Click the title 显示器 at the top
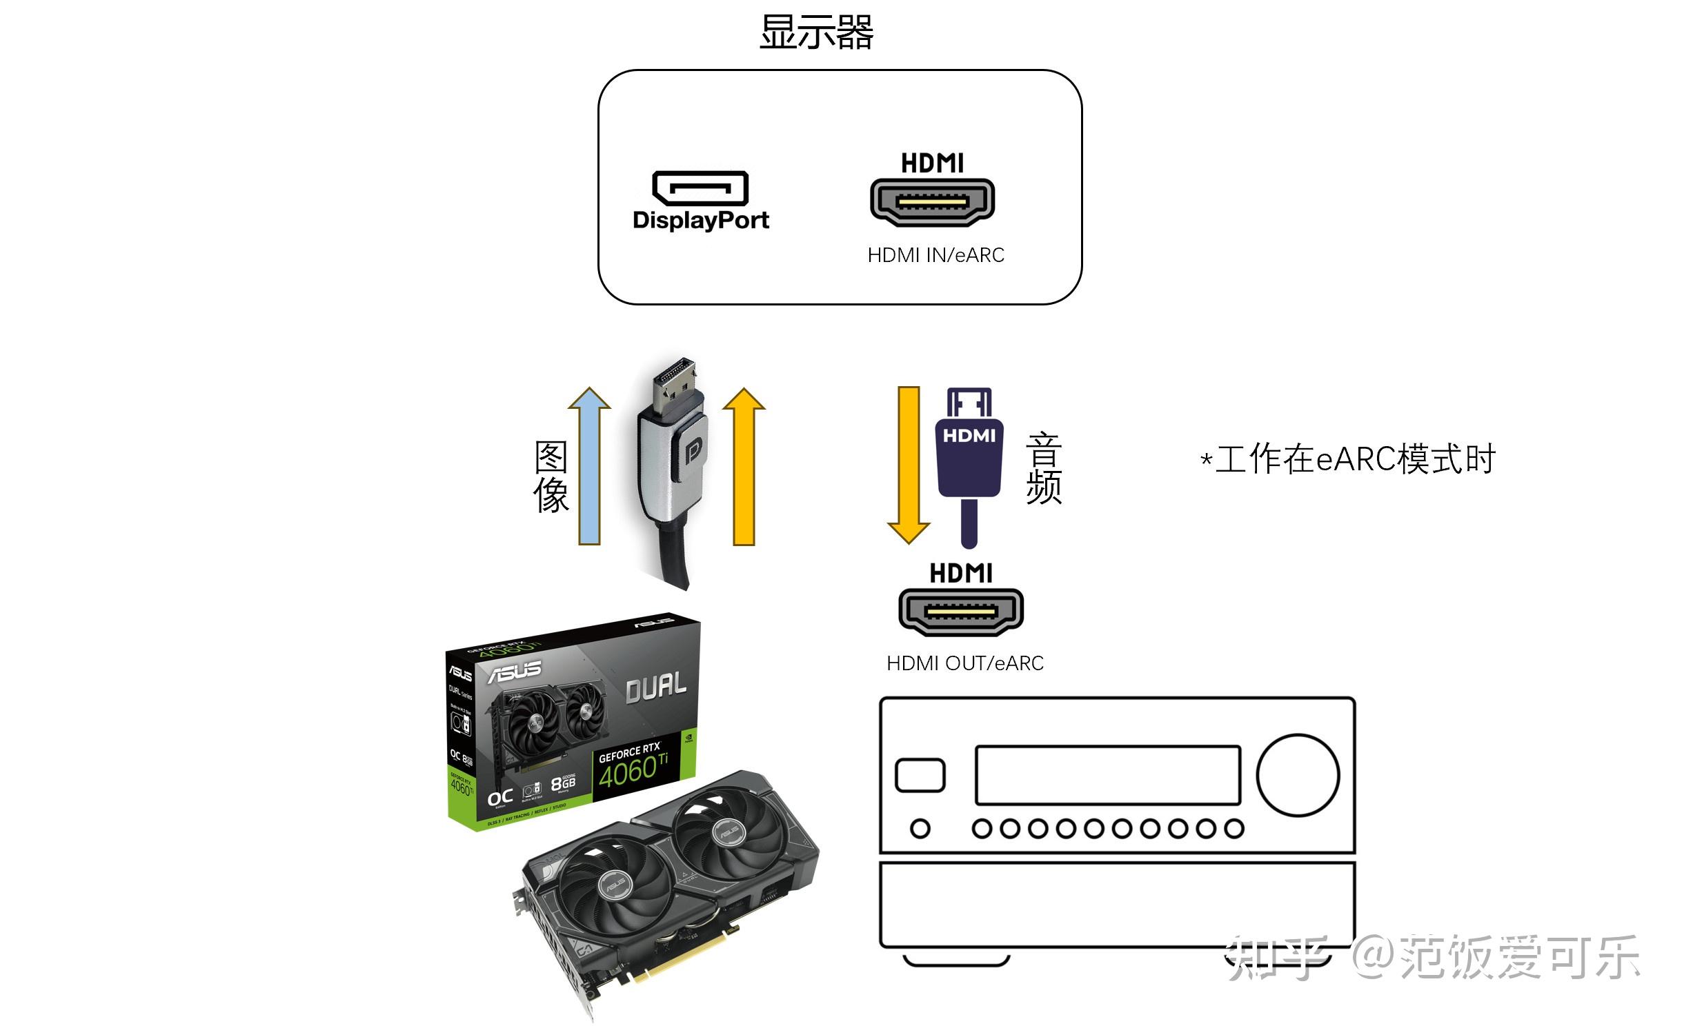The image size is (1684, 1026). click(x=816, y=32)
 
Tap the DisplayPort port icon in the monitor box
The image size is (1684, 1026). click(x=700, y=188)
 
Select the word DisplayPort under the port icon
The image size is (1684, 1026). click(x=700, y=220)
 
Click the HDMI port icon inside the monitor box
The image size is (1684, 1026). click(x=932, y=201)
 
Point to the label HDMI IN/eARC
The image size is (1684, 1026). click(x=935, y=255)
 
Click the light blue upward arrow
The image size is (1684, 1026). click(x=589, y=469)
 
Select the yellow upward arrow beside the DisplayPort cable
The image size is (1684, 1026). click(x=744, y=469)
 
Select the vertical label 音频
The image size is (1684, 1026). click(x=1043, y=468)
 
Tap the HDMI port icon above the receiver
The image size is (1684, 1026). click(x=961, y=611)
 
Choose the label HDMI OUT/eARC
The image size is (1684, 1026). click(x=964, y=663)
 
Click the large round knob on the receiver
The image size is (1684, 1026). click(x=1298, y=775)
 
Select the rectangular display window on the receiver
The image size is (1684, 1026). click(x=1107, y=775)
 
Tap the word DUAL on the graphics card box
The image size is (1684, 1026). click(x=655, y=687)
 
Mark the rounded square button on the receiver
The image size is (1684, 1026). click(x=920, y=775)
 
